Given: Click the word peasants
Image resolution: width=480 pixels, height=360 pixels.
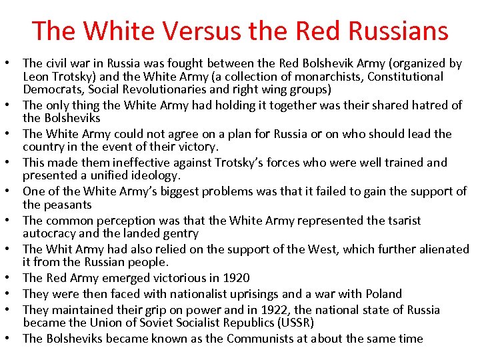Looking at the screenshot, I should pos(68,205).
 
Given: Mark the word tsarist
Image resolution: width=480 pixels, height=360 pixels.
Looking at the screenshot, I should pos(401,221).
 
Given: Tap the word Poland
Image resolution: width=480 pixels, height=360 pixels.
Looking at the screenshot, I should pos(381,294).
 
